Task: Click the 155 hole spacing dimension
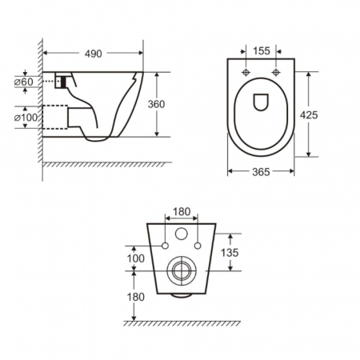pos(262,50)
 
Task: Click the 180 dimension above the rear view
pos(181,213)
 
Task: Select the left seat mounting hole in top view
pos(246,74)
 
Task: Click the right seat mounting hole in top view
pos(276,74)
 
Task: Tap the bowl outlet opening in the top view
pos(261,102)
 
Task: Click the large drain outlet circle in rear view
pos(181,270)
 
